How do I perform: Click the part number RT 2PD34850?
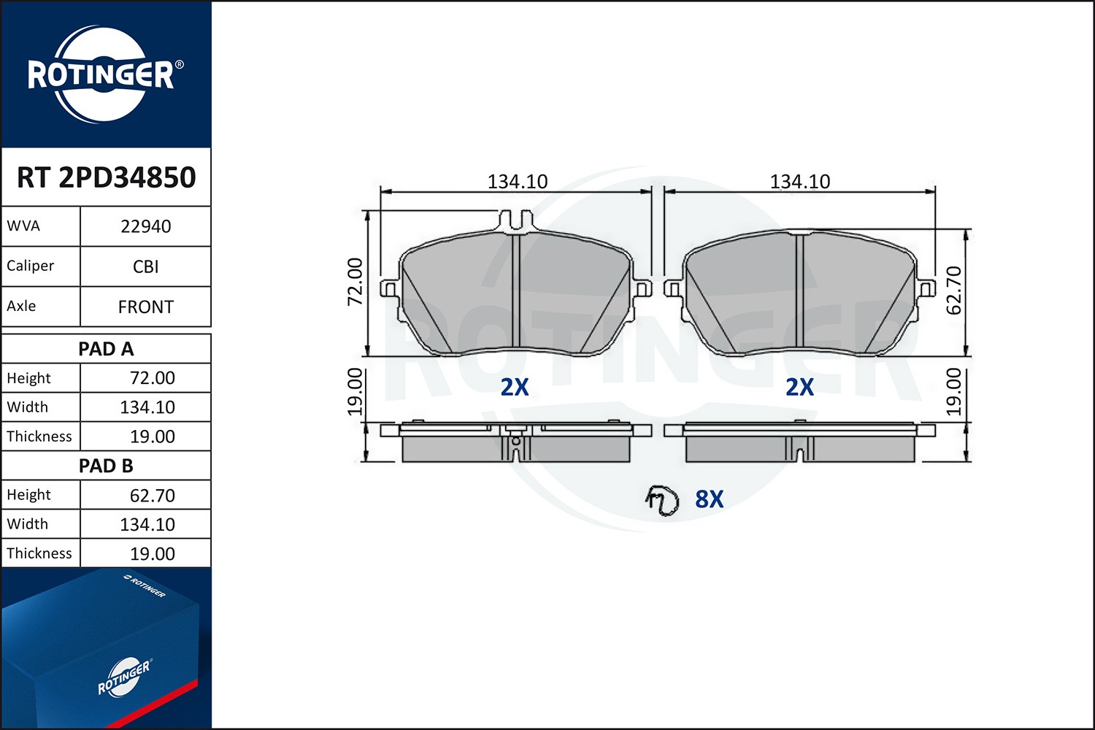point(106,177)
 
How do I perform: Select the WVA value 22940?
point(145,226)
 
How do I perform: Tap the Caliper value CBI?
point(145,266)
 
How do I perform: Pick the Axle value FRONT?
point(145,307)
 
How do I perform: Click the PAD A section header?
point(106,349)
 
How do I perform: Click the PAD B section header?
point(106,466)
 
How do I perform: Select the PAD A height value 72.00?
point(152,378)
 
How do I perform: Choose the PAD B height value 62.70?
point(152,496)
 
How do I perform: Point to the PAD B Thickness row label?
point(39,553)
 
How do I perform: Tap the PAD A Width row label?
point(28,407)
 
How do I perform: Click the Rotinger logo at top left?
point(102,74)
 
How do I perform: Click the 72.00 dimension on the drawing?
point(355,282)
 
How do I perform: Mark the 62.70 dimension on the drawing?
point(953,290)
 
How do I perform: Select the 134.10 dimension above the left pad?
point(517,181)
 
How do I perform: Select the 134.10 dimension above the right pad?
point(799,181)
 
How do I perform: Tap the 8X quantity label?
point(709,499)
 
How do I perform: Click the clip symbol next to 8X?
point(661,500)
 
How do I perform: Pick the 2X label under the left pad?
point(514,387)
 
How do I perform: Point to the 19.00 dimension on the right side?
point(953,392)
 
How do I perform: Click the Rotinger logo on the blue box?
point(124,677)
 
